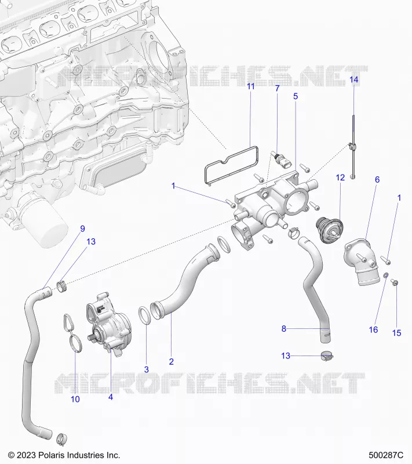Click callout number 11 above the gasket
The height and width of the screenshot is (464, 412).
coord(251,86)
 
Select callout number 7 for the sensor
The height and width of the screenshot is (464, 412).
coord(277,88)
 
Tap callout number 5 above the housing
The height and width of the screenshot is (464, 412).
coord(296,96)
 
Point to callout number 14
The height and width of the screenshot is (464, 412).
coord(354,79)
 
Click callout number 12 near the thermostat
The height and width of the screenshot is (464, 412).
coord(341,177)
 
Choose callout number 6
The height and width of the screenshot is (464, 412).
coord(377,180)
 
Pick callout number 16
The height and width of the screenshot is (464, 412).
coord(373,329)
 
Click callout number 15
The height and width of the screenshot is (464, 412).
coord(396,333)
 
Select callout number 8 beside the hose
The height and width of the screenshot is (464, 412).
coord(284,329)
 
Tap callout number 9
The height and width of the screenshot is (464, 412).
coord(82,229)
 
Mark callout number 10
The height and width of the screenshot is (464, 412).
coord(75,399)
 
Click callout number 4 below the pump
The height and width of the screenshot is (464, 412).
coord(111,397)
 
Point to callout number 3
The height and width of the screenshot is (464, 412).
coord(146,369)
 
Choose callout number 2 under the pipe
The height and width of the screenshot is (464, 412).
coord(171,361)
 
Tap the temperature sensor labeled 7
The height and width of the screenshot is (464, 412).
coord(282,160)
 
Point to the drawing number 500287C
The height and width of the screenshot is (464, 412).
coord(386,455)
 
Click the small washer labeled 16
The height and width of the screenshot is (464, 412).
coord(386,275)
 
